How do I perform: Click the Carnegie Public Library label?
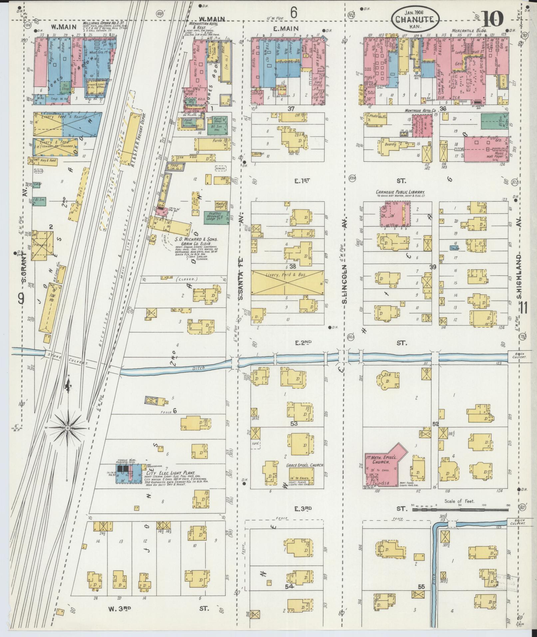(400, 192)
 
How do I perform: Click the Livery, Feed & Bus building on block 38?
(287, 282)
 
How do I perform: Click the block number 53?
(294, 424)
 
